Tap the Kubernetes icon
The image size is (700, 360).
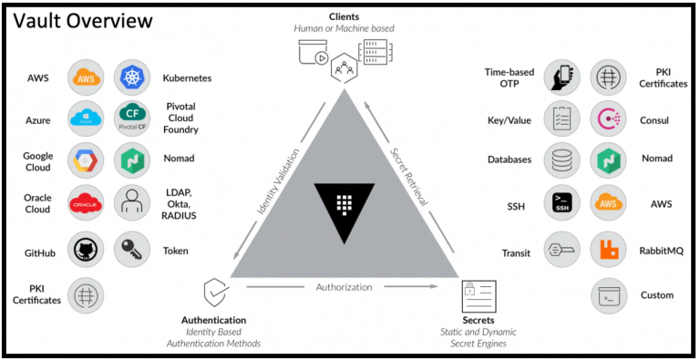click(x=132, y=77)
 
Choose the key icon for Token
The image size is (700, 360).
click(x=132, y=250)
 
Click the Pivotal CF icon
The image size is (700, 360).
click(x=132, y=118)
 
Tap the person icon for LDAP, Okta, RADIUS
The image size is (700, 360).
click(x=132, y=202)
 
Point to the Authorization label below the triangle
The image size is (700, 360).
click(x=344, y=287)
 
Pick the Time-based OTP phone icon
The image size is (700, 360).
click(x=562, y=77)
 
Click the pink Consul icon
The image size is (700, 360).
click(x=608, y=118)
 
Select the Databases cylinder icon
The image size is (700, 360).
click(x=562, y=160)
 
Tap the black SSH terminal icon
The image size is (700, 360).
click(x=562, y=202)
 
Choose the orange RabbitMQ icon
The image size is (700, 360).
click(x=608, y=250)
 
